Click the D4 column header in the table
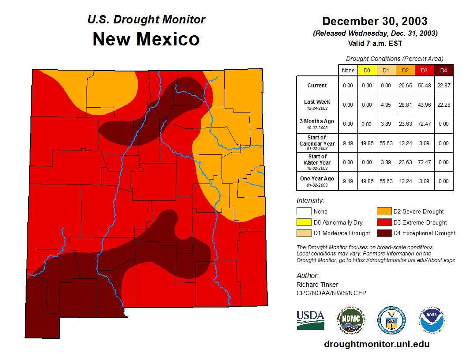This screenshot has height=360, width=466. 443,71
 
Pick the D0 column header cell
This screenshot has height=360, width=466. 367,71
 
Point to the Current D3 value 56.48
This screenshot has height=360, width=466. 424,86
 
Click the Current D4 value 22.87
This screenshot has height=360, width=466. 443,86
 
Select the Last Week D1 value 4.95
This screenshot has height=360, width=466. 386,105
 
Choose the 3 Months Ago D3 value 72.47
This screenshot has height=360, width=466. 424,124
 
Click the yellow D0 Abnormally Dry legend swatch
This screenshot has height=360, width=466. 303,222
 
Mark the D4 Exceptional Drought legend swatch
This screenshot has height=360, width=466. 383,233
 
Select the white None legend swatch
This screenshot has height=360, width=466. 303,212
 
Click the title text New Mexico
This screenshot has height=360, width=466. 146,39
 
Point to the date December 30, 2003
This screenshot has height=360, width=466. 375,21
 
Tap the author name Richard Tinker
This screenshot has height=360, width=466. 317,285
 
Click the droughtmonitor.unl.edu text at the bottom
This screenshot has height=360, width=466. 377,344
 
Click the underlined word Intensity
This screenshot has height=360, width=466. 310,201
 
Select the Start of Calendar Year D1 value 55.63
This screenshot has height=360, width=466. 386,143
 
